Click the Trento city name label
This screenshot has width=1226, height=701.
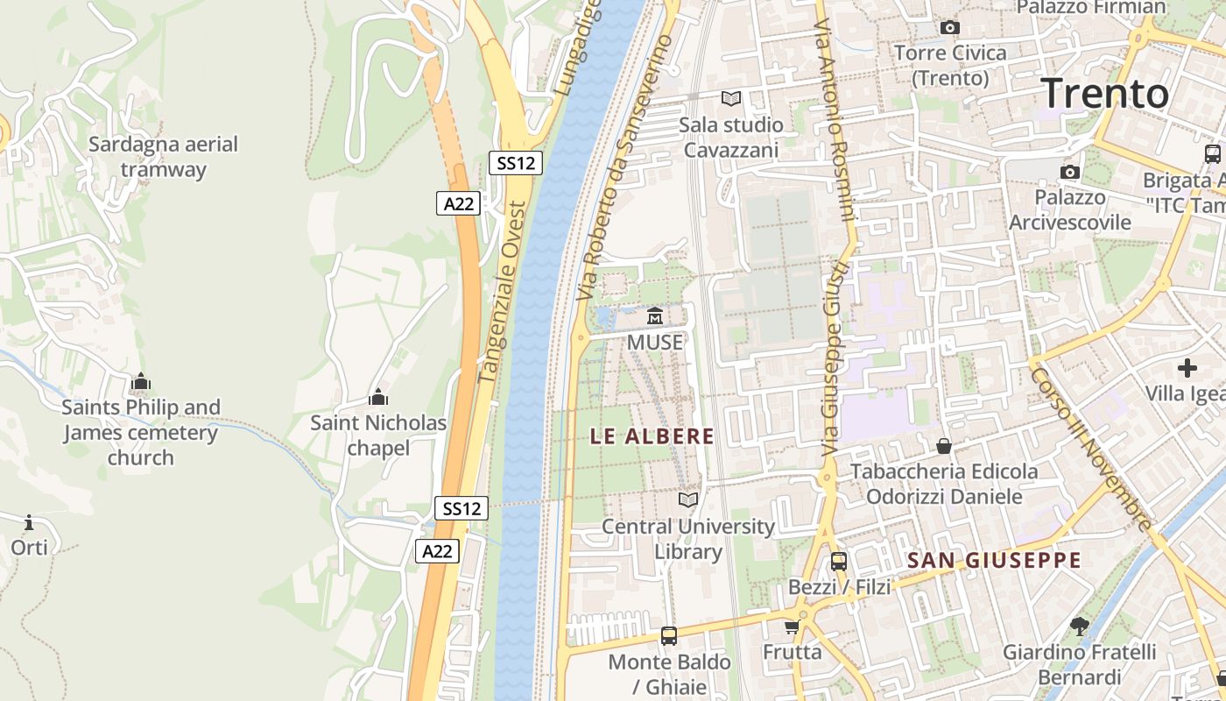pyautogui.click(x=1105, y=93)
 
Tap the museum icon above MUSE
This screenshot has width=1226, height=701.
pyautogui.click(x=654, y=315)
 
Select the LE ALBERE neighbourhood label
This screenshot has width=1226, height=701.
pyautogui.click(x=652, y=436)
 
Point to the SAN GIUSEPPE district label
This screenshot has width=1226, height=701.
pyautogui.click(x=994, y=561)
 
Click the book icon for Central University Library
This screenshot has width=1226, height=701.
pyautogui.click(x=689, y=499)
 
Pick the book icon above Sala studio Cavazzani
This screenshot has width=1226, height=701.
pyautogui.click(x=730, y=98)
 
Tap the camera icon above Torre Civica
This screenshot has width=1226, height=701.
pyautogui.click(x=949, y=28)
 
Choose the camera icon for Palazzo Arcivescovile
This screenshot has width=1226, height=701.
pyautogui.click(x=1069, y=172)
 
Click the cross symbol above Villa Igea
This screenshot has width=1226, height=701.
pyautogui.click(x=1187, y=368)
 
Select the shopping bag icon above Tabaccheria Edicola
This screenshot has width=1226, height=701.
pyautogui.click(x=944, y=447)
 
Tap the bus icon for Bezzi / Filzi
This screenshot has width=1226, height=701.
pyautogui.click(x=838, y=561)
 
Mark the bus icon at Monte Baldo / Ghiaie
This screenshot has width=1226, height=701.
pyautogui.click(x=669, y=635)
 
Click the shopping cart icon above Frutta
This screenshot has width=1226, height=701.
pyautogui.click(x=792, y=627)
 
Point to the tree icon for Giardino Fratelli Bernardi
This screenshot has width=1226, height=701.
pyautogui.click(x=1079, y=626)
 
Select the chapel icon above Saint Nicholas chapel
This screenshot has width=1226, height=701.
pyautogui.click(x=378, y=398)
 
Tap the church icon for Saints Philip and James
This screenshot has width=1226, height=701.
pyautogui.click(x=140, y=382)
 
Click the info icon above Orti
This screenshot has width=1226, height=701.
pyautogui.click(x=29, y=523)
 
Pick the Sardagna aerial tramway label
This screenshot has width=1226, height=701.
pyautogui.click(x=163, y=157)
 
